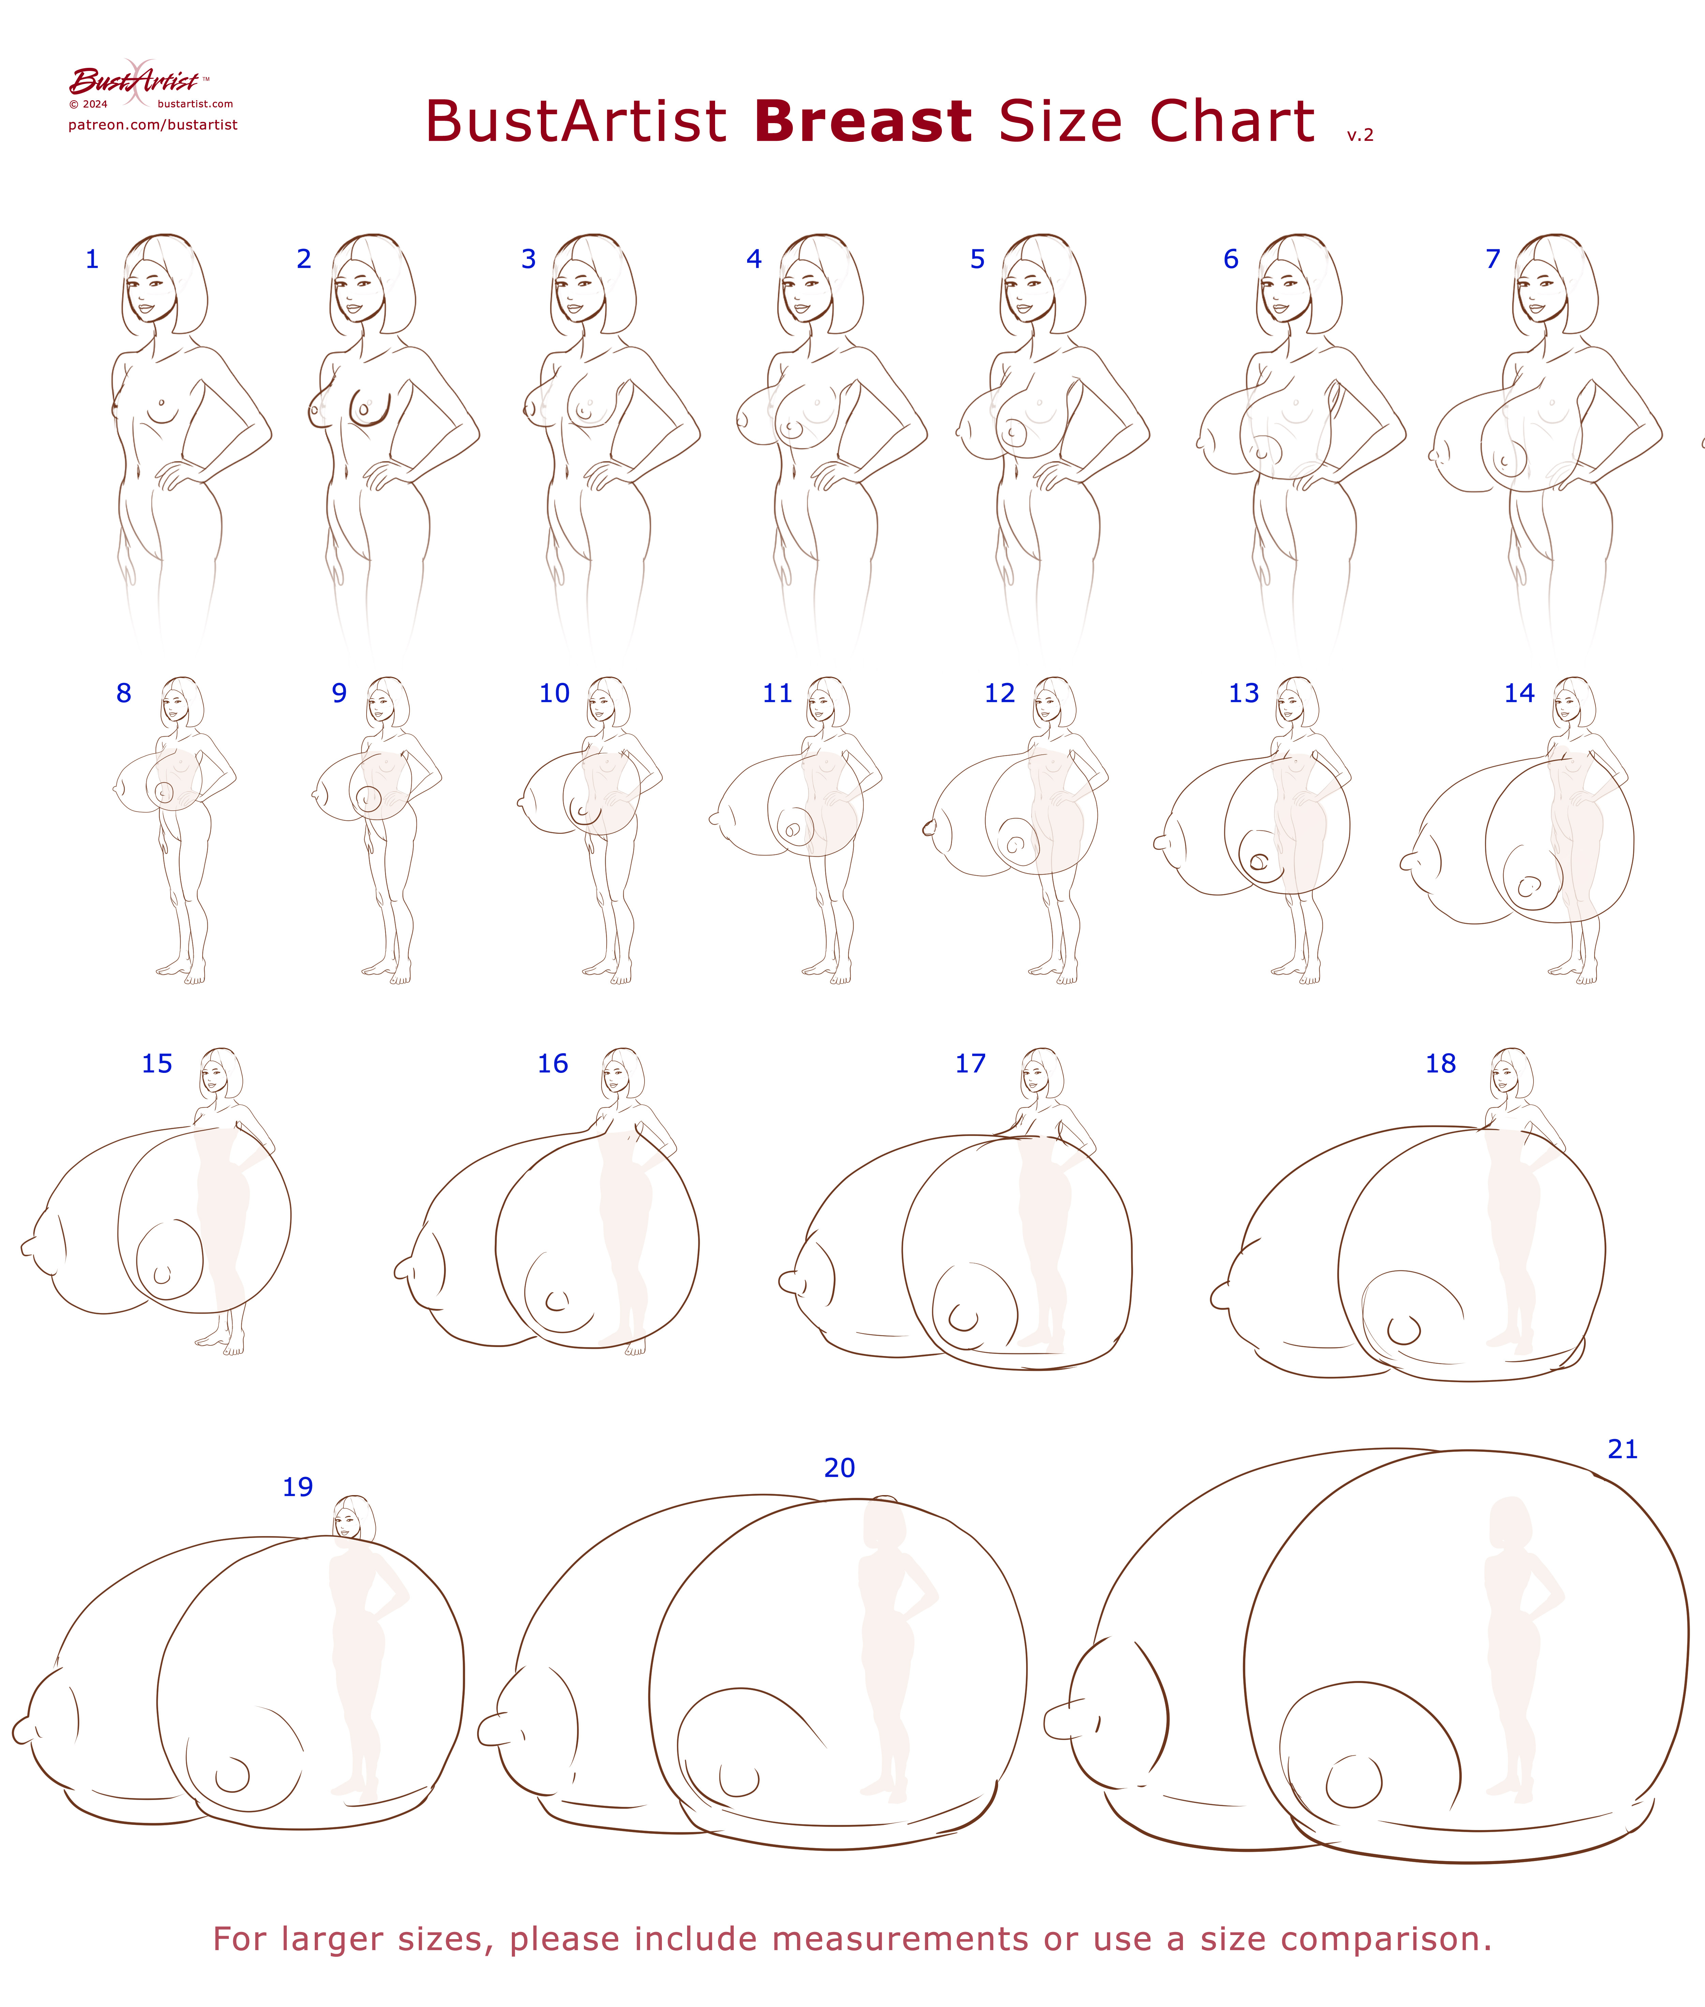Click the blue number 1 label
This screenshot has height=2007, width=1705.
[92, 259]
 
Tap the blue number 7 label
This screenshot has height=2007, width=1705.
[1493, 259]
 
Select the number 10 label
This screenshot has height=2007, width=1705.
[555, 693]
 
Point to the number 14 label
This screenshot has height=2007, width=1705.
[1519, 693]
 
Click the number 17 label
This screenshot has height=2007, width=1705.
[970, 1063]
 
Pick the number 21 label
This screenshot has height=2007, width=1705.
[1623, 1449]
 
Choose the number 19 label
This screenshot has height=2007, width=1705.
[298, 1487]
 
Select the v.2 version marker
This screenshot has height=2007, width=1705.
[1360, 135]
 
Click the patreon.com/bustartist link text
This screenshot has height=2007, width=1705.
[153, 125]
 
